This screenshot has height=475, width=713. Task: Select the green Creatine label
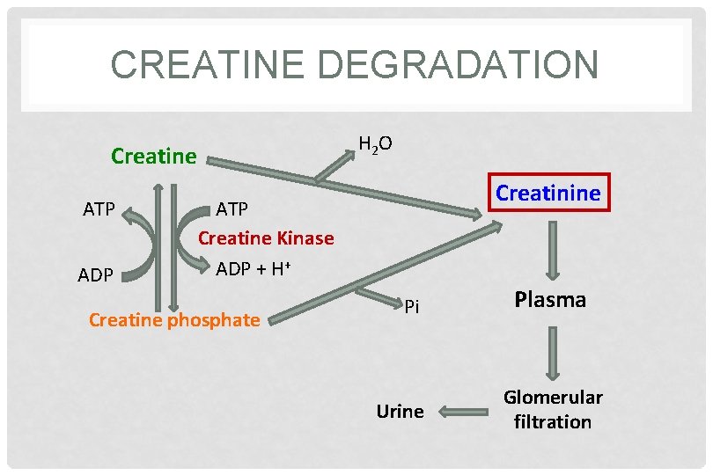(153, 157)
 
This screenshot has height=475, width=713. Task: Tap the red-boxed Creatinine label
(548, 193)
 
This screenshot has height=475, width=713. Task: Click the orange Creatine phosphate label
(174, 319)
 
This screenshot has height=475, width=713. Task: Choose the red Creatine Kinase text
(265, 237)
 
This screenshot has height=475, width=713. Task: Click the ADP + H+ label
(253, 269)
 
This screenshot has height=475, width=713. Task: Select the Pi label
(411, 306)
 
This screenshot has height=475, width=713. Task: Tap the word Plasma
(550, 300)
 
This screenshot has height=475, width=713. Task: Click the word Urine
(400, 411)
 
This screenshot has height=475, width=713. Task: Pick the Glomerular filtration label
(553, 409)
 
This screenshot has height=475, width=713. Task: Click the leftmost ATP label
(99, 209)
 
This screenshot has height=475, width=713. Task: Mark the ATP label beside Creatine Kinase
(232, 209)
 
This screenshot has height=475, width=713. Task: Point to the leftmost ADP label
(95, 275)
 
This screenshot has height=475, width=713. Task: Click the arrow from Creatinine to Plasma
(553, 250)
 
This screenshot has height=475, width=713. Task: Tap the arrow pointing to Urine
(458, 411)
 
